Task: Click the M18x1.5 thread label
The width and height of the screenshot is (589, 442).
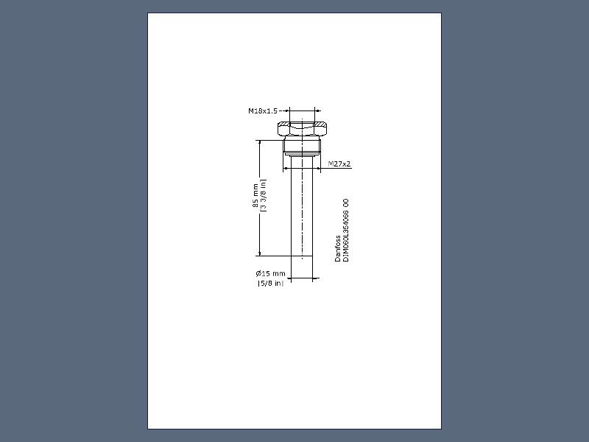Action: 263,111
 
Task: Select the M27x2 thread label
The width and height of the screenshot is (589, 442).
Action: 339,164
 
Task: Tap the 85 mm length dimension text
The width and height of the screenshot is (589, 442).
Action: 255,195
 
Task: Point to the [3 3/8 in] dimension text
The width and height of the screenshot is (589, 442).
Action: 264,195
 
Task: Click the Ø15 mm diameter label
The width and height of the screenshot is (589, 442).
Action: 270,273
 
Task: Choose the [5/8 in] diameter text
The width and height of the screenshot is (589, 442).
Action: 270,284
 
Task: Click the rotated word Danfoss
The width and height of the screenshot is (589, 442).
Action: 338,248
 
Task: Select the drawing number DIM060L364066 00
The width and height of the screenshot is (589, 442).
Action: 346,230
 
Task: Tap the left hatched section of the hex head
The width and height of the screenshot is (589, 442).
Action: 284,124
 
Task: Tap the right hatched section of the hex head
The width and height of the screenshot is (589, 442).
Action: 320,124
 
